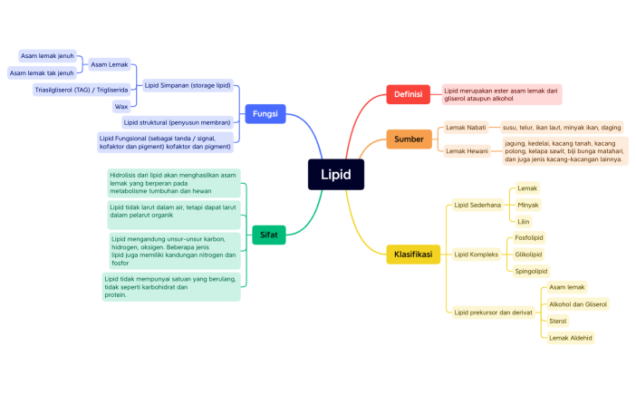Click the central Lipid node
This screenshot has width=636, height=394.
pos(335,174)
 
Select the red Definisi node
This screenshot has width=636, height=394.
pos(408,94)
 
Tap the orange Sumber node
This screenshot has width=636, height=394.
pos(409,139)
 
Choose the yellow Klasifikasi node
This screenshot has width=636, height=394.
pos(412,254)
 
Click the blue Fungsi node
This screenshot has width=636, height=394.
pos(265,114)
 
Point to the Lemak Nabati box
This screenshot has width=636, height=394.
pos(466,128)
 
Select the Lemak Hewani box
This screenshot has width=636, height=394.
pos(467,150)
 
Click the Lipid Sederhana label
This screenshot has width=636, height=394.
pos(477,205)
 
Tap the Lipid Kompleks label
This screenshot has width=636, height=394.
pos(477,255)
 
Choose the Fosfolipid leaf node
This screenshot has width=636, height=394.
pos(529,237)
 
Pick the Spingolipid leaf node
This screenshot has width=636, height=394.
pos(531,271)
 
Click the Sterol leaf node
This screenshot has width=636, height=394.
pos(558,321)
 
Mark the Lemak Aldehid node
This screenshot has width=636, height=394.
pos(571,337)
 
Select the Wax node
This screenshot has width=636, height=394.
pos(120,106)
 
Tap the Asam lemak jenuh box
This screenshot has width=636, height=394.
pos(47,56)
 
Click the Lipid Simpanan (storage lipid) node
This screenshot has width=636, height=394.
pos(188,85)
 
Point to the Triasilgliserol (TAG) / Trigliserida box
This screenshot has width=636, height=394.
pos(81,90)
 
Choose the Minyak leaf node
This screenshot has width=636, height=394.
pos(527,205)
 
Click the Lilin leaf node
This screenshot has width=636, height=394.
pos(524,221)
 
